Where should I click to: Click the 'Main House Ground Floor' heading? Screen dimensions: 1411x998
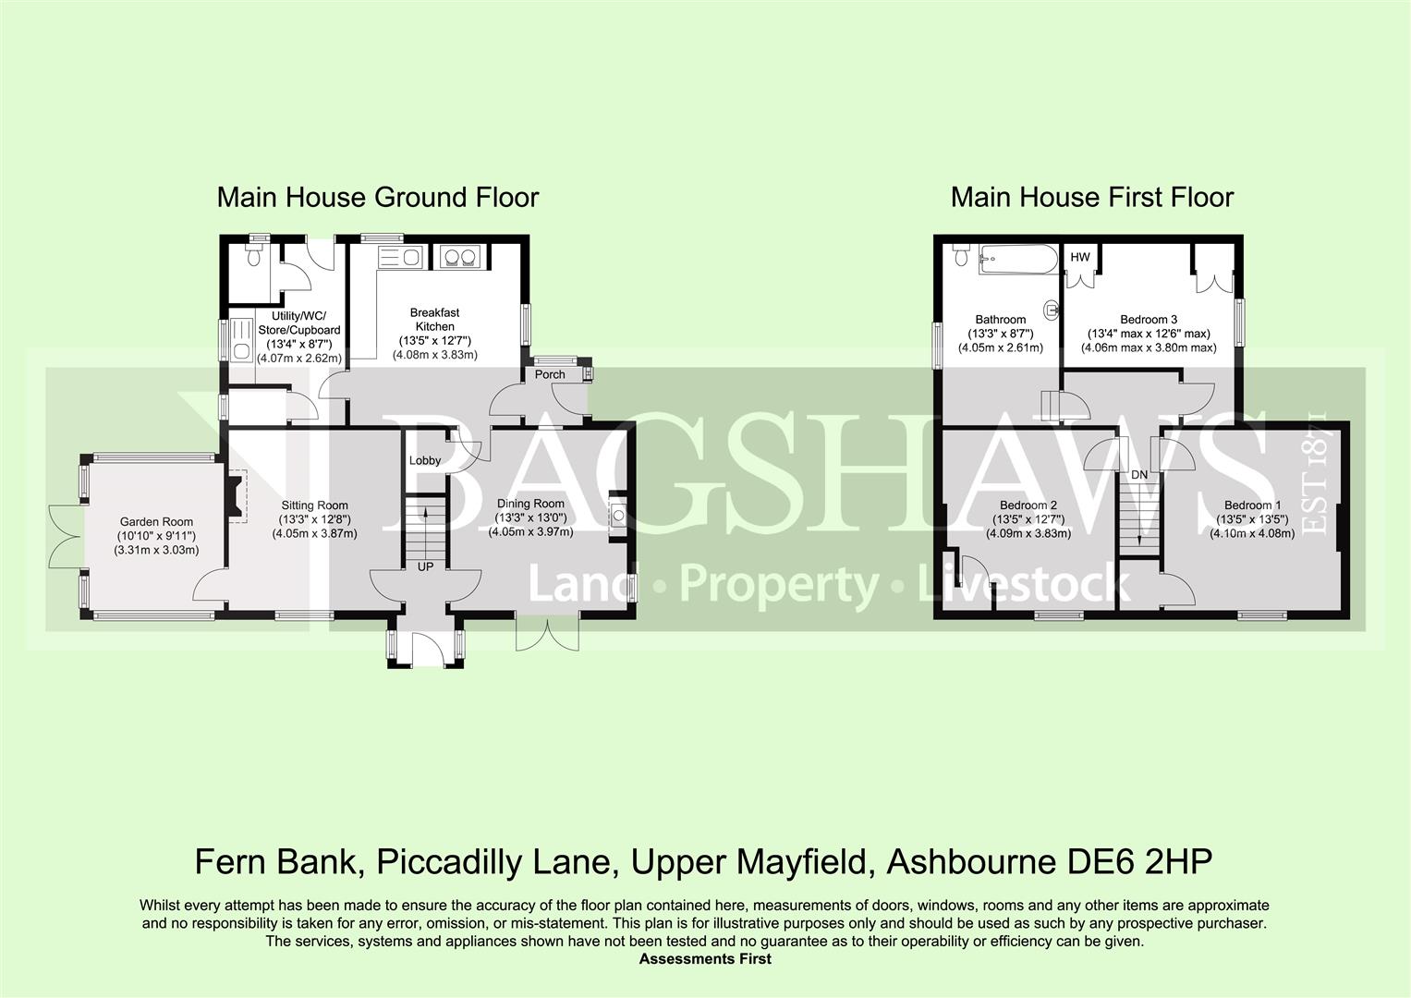[378, 198]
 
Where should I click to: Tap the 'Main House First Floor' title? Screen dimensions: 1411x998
[1091, 198]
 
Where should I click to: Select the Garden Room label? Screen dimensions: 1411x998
[156, 522]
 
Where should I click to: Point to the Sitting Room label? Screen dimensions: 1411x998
[314, 505]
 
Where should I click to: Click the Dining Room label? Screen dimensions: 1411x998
[530, 504]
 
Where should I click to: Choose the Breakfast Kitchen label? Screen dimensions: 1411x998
[434, 320]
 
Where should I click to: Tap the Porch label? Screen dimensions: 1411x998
[550, 374]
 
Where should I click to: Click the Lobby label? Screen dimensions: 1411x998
[424, 460]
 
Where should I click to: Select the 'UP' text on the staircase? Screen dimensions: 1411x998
[425, 567]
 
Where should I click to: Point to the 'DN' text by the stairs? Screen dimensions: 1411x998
[1139, 475]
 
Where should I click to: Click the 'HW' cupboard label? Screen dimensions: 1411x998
[1079, 257]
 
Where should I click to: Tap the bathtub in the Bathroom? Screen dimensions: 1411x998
[1018, 260]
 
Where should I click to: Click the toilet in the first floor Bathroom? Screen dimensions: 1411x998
[961, 255]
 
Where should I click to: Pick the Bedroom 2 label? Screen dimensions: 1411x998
[1028, 505]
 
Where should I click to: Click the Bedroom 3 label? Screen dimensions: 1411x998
[1149, 320]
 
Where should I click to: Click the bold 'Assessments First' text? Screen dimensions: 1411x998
[705, 959]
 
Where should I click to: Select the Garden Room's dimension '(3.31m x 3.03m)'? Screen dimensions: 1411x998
[156, 550]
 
